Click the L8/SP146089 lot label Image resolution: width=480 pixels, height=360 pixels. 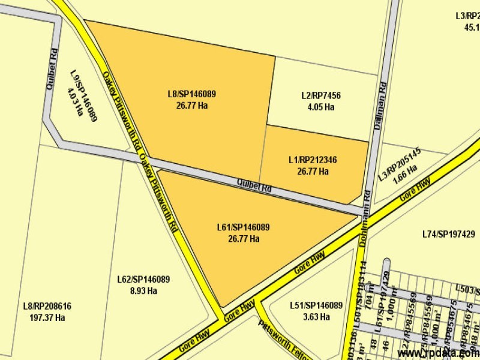point(192,94)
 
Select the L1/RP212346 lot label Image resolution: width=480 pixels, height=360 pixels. point(313,160)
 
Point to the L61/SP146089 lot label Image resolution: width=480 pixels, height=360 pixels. point(243,227)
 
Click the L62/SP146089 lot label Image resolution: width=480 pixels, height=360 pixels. point(143,280)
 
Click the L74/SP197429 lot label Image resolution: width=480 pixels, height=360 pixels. point(448,234)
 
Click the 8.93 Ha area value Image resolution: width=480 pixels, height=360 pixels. point(143,291)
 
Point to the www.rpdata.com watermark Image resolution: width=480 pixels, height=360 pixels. point(438,353)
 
